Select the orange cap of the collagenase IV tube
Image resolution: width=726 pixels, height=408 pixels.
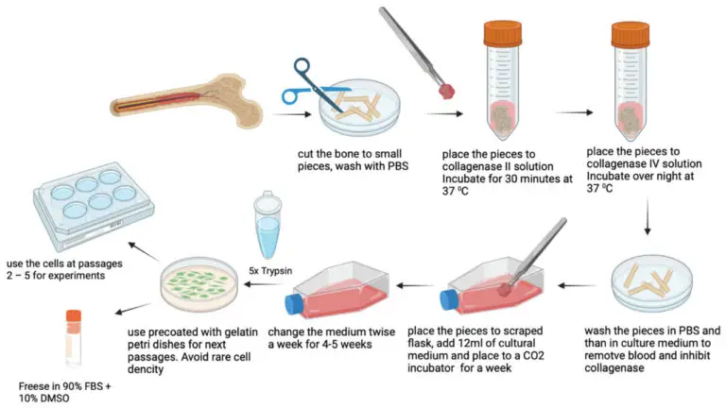tap(631, 35)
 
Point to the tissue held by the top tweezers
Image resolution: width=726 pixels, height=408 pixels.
tap(447, 91)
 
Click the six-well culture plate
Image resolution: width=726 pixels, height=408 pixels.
tap(94, 204)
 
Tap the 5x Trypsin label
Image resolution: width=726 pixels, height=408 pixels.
tap(270, 271)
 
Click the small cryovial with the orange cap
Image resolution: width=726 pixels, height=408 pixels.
tap(74, 337)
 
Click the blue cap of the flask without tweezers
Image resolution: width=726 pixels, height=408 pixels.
tap(294, 304)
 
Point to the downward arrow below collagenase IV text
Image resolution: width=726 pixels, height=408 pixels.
tap(648, 216)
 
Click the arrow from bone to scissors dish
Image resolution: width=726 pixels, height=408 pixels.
tap(292, 114)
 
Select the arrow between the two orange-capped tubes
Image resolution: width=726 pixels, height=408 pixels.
tap(574, 112)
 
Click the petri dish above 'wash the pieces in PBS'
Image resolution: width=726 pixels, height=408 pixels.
tap(652, 280)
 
